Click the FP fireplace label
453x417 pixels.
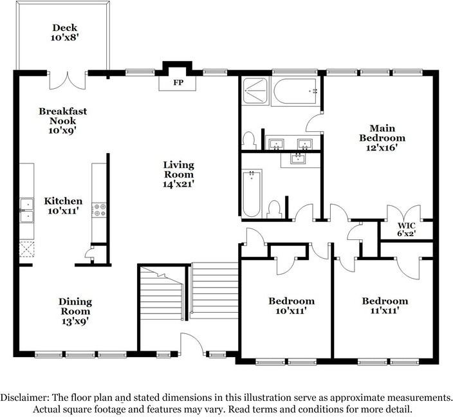[x=177, y=84]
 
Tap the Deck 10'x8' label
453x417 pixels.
[x=65, y=33]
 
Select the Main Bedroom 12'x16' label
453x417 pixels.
[x=382, y=133]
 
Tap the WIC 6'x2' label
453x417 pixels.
[x=405, y=229]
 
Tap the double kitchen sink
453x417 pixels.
[x=26, y=211]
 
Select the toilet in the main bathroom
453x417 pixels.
[x=250, y=140]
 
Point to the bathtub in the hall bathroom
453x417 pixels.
[x=252, y=192]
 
